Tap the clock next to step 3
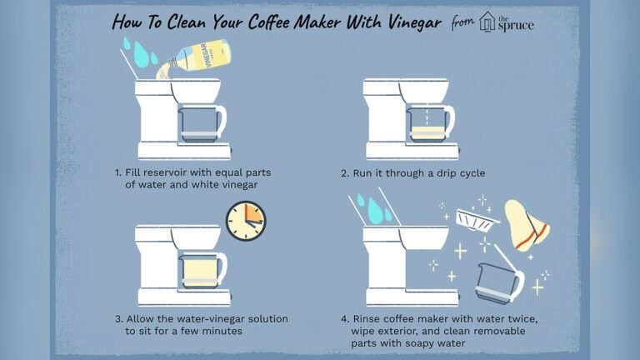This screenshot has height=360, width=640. pos(246,219)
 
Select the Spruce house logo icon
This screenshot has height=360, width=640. pos(487,22)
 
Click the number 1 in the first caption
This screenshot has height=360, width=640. pos(117,172)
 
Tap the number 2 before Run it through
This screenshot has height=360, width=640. pos(343,172)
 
